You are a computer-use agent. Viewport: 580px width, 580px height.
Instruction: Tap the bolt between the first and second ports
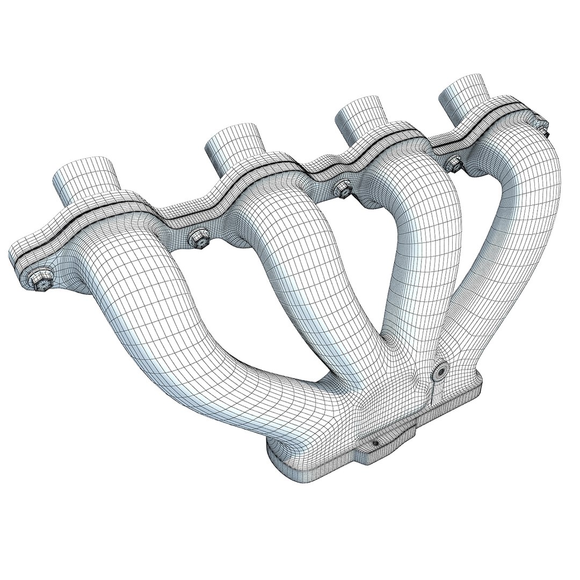click(198, 238)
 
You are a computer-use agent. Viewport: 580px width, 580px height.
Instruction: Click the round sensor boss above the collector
click(442, 370)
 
